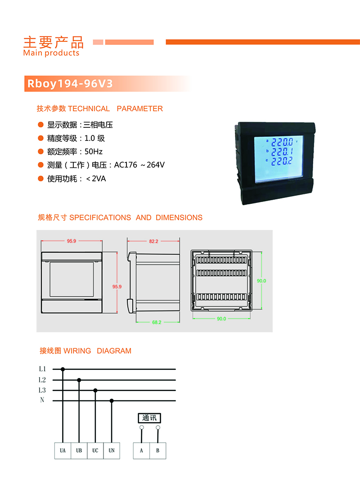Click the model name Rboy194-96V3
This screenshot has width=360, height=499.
point(70,83)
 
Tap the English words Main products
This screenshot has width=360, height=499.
point(51,53)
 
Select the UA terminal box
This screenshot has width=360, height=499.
point(63,450)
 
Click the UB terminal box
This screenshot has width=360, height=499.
point(79,450)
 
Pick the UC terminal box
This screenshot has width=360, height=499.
point(95,450)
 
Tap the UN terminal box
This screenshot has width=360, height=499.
point(112,450)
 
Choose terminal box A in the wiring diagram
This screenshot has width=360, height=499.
point(141,450)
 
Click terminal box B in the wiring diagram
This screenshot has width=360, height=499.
point(158,450)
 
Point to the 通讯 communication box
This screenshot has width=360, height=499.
point(149,418)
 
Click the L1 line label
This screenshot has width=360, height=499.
point(42,369)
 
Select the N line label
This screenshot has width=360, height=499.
point(42,400)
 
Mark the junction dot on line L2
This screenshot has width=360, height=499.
point(79,380)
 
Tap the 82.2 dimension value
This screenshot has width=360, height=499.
point(153,241)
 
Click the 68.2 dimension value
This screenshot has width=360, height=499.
point(157,322)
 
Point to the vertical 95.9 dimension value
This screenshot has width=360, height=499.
point(117,287)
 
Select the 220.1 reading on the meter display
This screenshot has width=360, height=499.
point(282,151)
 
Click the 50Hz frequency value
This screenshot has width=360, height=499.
point(93,152)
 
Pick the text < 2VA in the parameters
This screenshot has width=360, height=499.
point(96,179)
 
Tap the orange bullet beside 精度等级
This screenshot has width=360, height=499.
point(41,138)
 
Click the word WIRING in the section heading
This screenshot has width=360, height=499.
point(77,351)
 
